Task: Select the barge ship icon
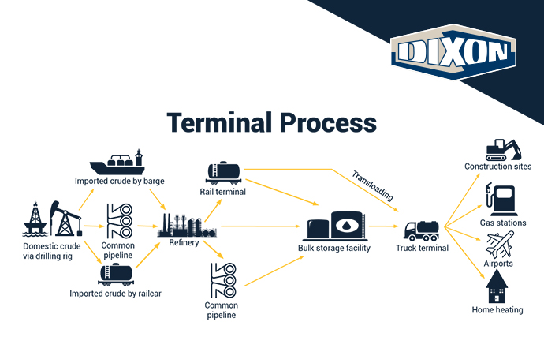click(119, 163)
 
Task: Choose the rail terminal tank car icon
click(224, 172)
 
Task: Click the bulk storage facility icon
click(337, 226)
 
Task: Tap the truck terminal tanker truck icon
click(422, 230)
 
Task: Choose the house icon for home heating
click(497, 287)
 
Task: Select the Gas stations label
click(503, 223)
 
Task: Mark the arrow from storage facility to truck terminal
click(384, 226)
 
